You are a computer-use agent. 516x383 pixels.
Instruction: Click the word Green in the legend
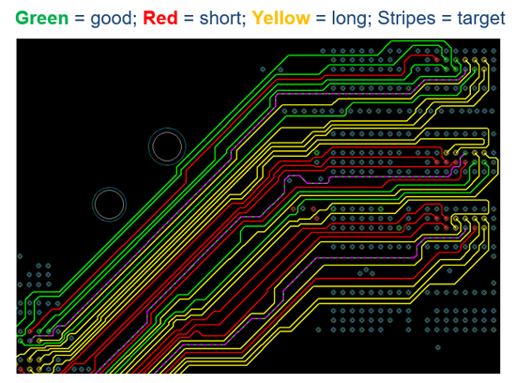coord(42,18)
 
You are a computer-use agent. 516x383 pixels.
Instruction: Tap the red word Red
coord(160,18)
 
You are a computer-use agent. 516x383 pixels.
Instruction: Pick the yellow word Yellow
coord(281,18)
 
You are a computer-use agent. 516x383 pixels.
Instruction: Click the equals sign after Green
coord(80,19)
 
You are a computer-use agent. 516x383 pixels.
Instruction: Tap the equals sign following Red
coord(189,19)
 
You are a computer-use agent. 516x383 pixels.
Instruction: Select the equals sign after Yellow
coord(321,19)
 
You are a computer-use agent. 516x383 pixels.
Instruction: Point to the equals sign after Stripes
coord(447,19)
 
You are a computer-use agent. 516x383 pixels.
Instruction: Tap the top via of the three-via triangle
coord(366,269)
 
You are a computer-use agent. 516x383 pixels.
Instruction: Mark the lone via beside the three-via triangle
coord(449,270)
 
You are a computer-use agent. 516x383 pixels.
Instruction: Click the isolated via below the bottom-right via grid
coord(438,347)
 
